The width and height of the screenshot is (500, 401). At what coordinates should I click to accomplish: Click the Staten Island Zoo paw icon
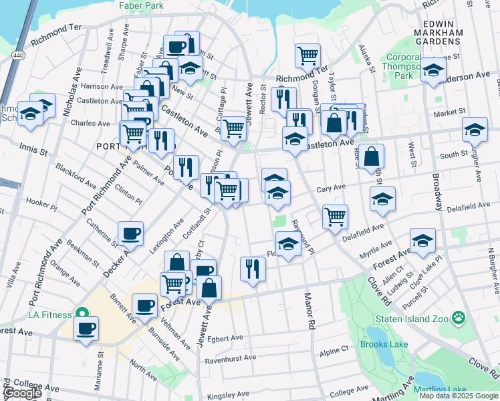coord(459,317)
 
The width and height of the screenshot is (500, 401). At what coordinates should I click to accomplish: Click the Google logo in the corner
coord(23,393)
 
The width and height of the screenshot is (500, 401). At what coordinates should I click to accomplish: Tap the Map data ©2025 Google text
coord(458,396)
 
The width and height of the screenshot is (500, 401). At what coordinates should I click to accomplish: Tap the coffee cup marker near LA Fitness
coord(86,329)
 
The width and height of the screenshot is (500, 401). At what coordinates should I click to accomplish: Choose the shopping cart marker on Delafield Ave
coord(334,215)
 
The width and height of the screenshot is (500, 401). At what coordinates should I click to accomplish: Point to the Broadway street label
coord(437,192)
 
